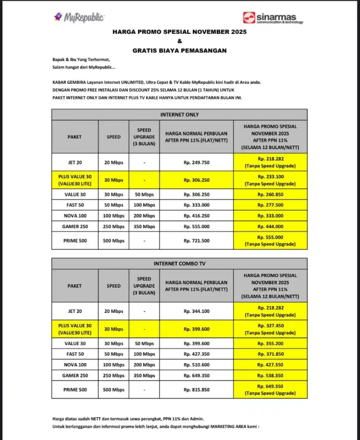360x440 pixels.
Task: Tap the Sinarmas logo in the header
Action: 273,18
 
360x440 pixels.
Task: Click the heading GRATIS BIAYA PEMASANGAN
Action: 179,51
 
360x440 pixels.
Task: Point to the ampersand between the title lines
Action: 179,41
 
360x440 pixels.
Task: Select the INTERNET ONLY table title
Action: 179,114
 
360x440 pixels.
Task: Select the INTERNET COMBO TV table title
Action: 179,264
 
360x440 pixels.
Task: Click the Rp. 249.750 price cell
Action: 196,162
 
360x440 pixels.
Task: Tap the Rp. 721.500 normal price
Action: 196,241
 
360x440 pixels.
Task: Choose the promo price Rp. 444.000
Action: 270,226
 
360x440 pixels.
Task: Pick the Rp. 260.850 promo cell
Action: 270,194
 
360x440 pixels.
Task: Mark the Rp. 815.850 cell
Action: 196,390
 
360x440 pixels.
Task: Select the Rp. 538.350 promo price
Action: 270,375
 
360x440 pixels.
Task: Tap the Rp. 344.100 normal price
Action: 196,311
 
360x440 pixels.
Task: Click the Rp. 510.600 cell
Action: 196,365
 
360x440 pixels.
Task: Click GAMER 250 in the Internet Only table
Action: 74,226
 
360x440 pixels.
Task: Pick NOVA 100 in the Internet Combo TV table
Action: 74,365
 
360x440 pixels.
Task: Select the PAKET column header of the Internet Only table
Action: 74,137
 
